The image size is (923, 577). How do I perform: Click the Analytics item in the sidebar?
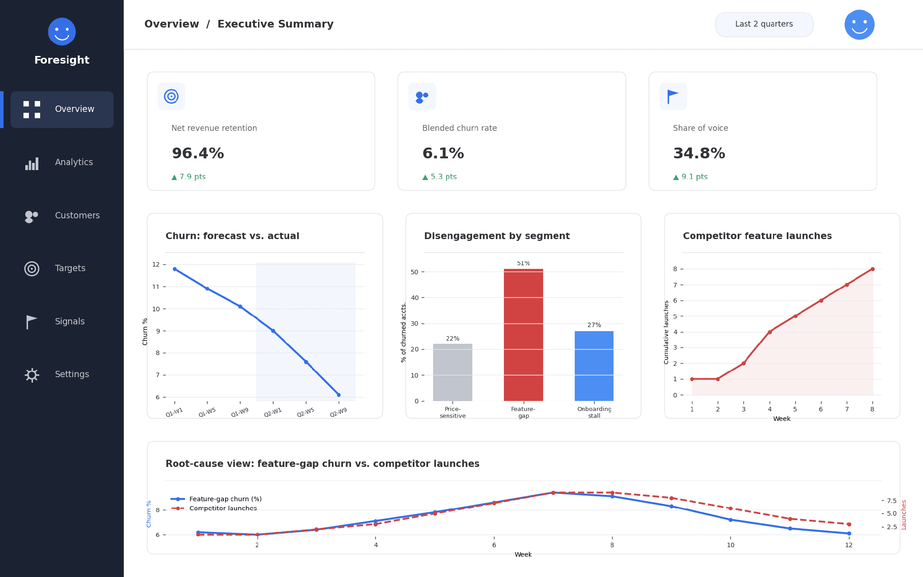[x=62, y=162]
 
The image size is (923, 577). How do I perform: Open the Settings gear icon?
[x=32, y=375]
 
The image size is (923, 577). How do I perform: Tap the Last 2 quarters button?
[x=764, y=24]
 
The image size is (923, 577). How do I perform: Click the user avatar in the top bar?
[x=859, y=25]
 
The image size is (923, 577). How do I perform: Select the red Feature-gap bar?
[x=523, y=335]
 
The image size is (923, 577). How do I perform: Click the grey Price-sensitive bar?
[x=452, y=372]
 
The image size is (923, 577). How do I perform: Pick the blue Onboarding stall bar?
[x=594, y=366]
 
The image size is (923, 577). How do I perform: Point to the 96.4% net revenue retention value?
[x=198, y=153]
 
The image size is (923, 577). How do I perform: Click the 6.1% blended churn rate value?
[x=443, y=153]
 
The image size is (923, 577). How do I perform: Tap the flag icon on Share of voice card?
[x=673, y=96]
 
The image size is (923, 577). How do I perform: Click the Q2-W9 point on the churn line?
[x=339, y=395]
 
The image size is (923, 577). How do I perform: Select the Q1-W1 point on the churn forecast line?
[x=175, y=269]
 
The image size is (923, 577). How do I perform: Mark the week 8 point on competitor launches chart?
[x=872, y=269]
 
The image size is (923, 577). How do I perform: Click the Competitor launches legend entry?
[x=214, y=508]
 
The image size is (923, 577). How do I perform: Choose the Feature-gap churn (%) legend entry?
[x=216, y=499]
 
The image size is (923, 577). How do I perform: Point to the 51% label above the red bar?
[x=523, y=263]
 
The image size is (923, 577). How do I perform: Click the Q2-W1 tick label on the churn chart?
[x=272, y=412]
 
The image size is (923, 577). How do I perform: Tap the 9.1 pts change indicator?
[x=690, y=177]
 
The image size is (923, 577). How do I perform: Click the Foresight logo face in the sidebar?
[x=62, y=32]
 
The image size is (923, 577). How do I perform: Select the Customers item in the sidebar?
[x=62, y=216]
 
